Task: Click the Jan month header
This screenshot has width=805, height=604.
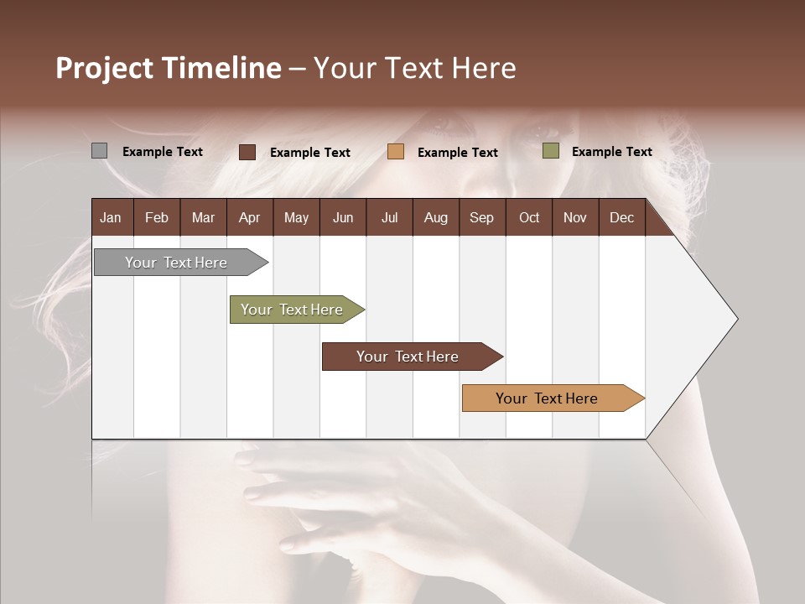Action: (x=111, y=217)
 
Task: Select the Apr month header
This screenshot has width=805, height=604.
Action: (x=249, y=217)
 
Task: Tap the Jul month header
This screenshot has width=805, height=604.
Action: (x=389, y=217)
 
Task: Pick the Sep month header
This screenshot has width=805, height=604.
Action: (x=481, y=217)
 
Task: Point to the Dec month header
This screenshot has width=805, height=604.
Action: (x=621, y=217)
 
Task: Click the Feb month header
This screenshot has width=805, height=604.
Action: (x=157, y=217)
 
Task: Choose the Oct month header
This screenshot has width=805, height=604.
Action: (x=529, y=217)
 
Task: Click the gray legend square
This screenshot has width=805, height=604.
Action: (x=100, y=151)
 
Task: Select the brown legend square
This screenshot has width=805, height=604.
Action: (x=247, y=152)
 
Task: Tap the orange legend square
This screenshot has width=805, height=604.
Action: (x=396, y=152)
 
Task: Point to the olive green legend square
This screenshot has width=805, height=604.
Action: (x=551, y=151)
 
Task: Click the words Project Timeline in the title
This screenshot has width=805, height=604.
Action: (x=169, y=68)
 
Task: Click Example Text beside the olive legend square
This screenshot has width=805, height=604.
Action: (x=611, y=151)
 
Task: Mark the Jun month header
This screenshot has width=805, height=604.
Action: (x=343, y=217)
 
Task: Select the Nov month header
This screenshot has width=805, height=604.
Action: (x=575, y=217)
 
